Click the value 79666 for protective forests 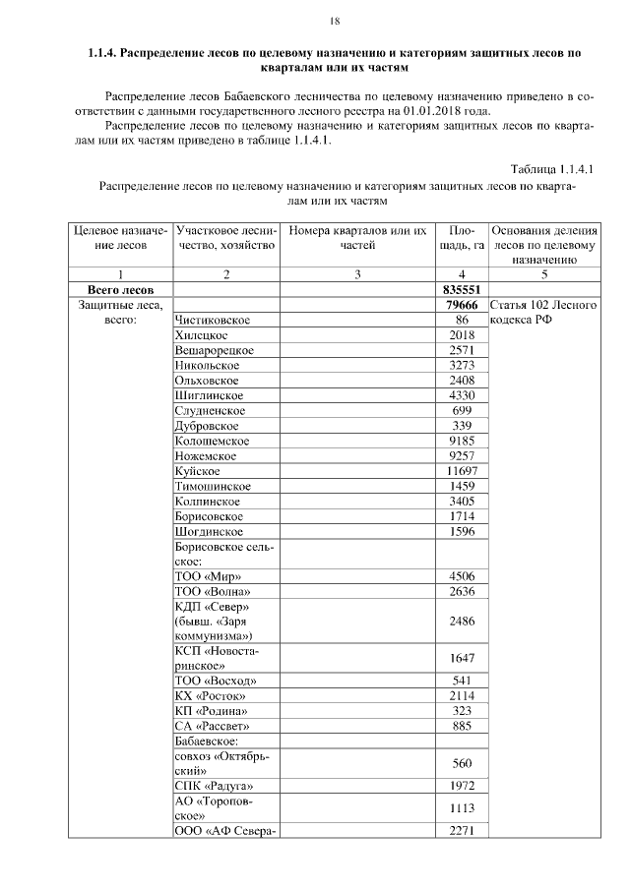tap(462, 306)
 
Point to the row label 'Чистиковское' tap(212, 321)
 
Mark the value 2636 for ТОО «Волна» tap(462, 591)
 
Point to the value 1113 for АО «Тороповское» tap(462, 808)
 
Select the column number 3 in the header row tap(357, 274)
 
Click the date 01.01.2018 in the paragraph tap(443, 112)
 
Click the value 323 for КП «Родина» tap(462, 710)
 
